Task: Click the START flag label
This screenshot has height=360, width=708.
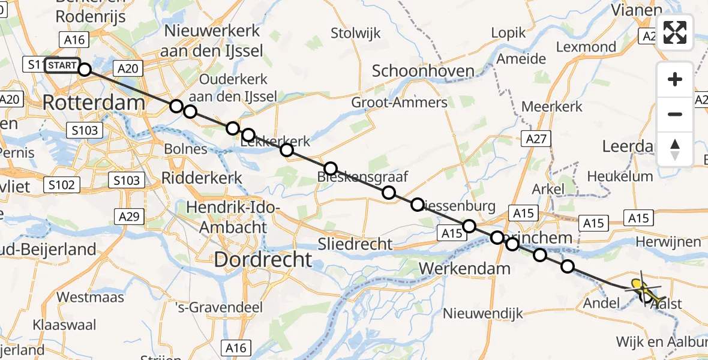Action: click(61, 65)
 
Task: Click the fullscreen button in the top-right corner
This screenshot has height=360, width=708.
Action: click(675, 32)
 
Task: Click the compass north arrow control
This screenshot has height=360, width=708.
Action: click(675, 149)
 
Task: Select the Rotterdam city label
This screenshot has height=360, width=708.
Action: click(94, 103)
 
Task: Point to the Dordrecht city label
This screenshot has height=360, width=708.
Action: click(263, 259)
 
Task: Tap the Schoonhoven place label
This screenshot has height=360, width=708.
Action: click(423, 71)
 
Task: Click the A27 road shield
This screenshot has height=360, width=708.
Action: click(536, 139)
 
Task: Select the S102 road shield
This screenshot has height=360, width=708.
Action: click(61, 185)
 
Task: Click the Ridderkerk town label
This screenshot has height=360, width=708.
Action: click(202, 178)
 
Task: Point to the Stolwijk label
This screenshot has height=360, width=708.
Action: click(356, 33)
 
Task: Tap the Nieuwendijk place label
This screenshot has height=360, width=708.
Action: click(483, 313)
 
